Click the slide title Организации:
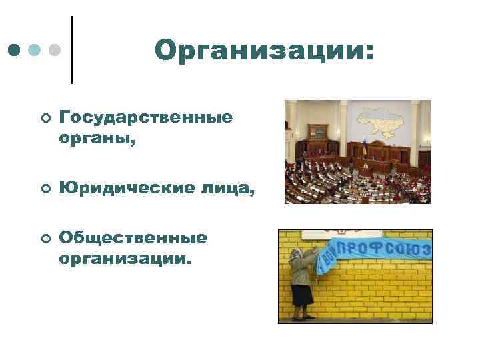pos(264,51)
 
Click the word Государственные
pos(146,117)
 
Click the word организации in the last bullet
pos(123,258)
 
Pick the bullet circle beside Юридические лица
pos(44,191)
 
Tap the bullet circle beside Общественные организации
pos(44,239)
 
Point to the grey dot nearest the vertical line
pos(55,50)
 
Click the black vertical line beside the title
pos(71,50)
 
